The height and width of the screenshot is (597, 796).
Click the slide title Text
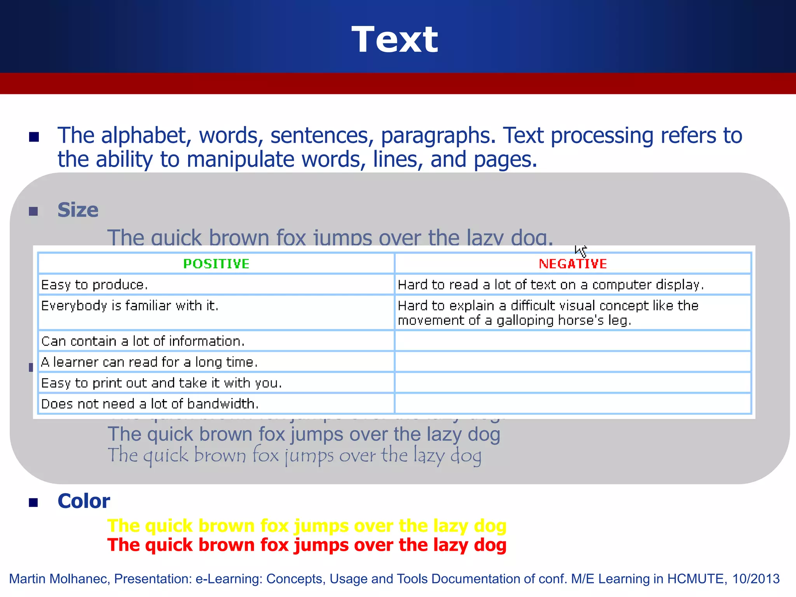[395, 40]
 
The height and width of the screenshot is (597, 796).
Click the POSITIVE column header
[216, 264]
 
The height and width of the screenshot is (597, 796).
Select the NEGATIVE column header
[573, 264]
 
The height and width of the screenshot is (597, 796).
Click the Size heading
[78, 210]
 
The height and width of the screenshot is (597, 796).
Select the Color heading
[84, 501]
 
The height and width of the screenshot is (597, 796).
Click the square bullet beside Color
[34, 503]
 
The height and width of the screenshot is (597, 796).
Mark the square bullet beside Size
[34, 211]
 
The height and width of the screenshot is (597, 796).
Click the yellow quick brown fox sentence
[307, 526]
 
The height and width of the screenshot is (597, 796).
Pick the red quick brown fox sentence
[307, 545]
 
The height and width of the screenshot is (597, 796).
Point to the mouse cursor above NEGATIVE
[580, 251]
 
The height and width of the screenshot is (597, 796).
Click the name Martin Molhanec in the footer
[59, 579]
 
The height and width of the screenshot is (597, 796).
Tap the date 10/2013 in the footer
[756, 579]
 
